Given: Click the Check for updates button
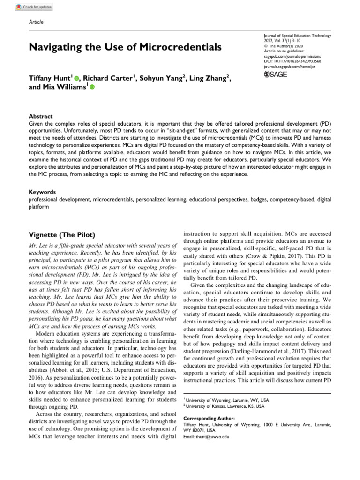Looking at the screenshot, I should [x=34, y=7].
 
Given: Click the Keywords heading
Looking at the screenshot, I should [x=43, y=192].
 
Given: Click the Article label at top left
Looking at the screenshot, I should [x=36, y=22].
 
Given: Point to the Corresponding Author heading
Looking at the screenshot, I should [x=209, y=417].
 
